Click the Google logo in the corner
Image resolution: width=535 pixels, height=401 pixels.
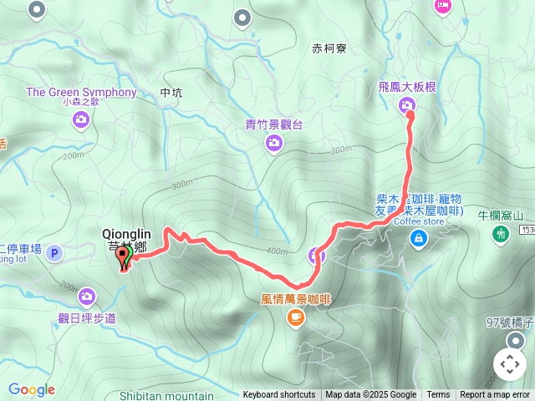pos(32,389)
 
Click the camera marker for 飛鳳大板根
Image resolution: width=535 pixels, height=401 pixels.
pos(407,104)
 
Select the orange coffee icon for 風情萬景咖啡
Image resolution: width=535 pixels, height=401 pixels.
pos(295,317)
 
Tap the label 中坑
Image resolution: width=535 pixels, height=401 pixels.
pos(170,93)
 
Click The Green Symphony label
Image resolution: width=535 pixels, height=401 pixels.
pos(80,92)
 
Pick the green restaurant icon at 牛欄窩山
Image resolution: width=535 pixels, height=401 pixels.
pos(502,235)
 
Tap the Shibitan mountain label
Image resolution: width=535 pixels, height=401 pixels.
pos(167,395)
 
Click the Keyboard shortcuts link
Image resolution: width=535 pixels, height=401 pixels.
pos(279,395)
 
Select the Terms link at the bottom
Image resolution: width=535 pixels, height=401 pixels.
pos(438,395)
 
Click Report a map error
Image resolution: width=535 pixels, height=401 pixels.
pos(496,395)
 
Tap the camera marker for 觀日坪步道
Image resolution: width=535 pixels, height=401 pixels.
pos(86,296)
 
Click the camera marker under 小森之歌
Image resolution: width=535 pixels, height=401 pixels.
pos(80,120)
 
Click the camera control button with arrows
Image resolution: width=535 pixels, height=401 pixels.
pos(510,364)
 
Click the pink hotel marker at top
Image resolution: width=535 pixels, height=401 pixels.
pos(442,6)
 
